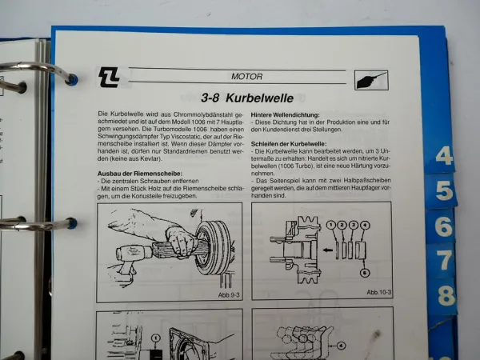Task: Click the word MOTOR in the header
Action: (x=249, y=77)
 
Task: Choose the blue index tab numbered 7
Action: (x=444, y=260)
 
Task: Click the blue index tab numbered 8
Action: (x=445, y=294)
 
